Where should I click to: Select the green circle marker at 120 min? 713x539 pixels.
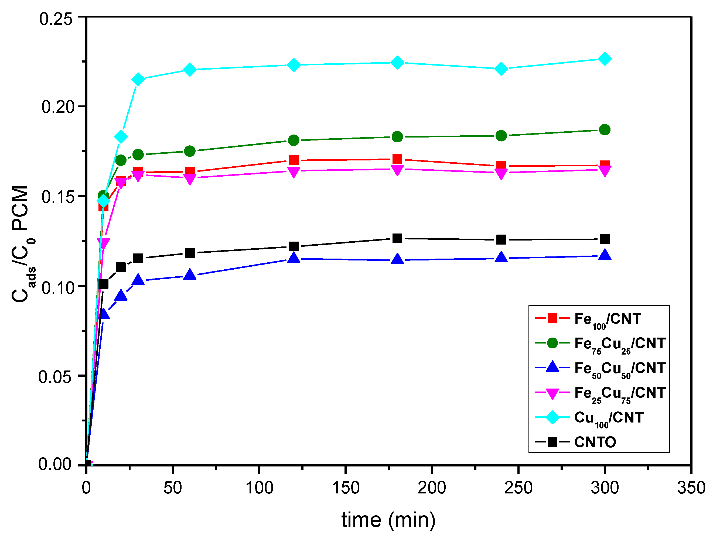coord(293,140)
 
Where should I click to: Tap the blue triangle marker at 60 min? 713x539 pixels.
coord(190,274)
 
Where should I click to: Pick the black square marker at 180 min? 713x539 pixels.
coord(397,238)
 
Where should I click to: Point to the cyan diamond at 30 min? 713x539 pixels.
coord(138,79)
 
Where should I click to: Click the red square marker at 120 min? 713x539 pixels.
coord(293,160)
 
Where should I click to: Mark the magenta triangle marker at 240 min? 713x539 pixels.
coord(501,174)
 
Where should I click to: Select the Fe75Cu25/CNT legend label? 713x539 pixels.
coord(619,344)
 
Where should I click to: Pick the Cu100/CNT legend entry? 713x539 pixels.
coord(609,418)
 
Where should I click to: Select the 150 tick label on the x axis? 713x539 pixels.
coord(346,488)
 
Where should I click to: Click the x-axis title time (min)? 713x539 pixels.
coord(388,520)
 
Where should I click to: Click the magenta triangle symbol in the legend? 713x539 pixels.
coord(552,393)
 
